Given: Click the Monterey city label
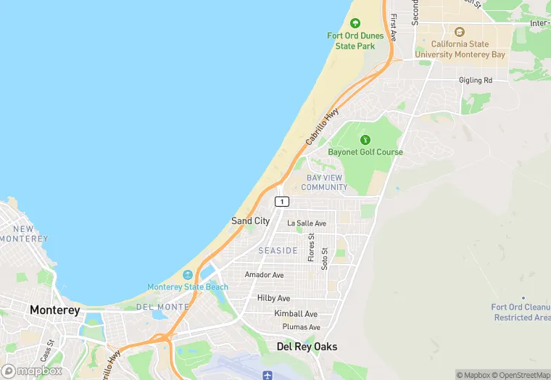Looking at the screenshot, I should tap(55, 310).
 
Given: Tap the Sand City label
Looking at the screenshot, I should tap(250, 220).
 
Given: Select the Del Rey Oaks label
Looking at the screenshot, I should tap(307, 347).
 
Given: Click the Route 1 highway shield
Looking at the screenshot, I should tap(282, 201).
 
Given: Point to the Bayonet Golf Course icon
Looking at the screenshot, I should tap(365, 139).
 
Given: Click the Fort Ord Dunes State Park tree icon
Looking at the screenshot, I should tap(355, 23).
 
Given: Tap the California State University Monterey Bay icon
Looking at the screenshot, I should tap(459, 32).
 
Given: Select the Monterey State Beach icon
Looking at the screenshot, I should tap(188, 275).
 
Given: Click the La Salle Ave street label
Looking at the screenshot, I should tap(307, 223).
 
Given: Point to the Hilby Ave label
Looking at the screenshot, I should tap(273, 298).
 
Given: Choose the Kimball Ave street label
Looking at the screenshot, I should tap(296, 313).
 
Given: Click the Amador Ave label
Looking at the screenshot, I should tap(264, 275).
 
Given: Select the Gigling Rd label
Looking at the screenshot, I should tap(476, 80).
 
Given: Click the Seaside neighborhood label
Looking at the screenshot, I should tap(278, 250).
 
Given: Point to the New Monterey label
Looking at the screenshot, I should tap(24, 234).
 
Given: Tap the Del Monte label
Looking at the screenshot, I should tap(162, 307).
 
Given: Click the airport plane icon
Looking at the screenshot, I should tap(268, 375).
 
